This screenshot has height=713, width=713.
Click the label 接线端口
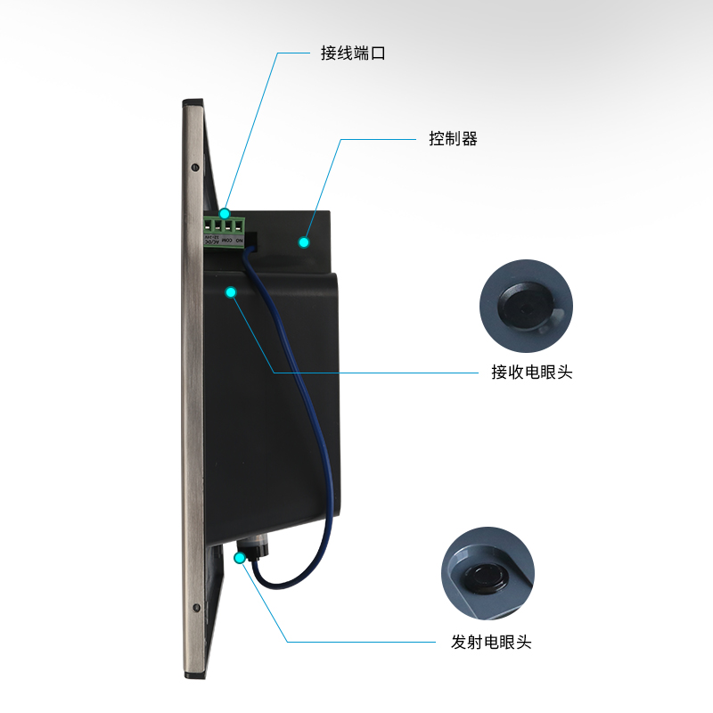pyautogui.click(x=353, y=53)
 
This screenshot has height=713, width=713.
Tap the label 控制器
pyautogui.click(x=453, y=139)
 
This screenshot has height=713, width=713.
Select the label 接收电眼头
pyautogui.click(x=531, y=372)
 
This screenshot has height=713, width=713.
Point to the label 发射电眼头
pyautogui.click(x=491, y=642)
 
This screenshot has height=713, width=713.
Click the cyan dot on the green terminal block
pyautogui.click(x=225, y=214)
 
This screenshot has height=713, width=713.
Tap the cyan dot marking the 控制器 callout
pyautogui.click(x=303, y=242)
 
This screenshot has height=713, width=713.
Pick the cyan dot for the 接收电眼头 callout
pyautogui.click(x=231, y=291)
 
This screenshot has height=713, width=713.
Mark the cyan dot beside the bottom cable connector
pyautogui.click(x=239, y=558)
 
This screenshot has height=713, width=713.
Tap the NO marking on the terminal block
pyautogui.click(x=239, y=240)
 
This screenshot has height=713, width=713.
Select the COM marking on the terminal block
pyautogui.click(x=227, y=240)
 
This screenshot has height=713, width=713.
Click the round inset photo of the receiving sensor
pyautogui.click(x=526, y=307)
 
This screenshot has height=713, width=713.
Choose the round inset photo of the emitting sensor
pyautogui.click(x=488, y=571)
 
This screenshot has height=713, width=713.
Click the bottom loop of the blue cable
pyautogui.click(x=285, y=584)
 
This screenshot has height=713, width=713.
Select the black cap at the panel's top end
pyautogui.click(x=193, y=104)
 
